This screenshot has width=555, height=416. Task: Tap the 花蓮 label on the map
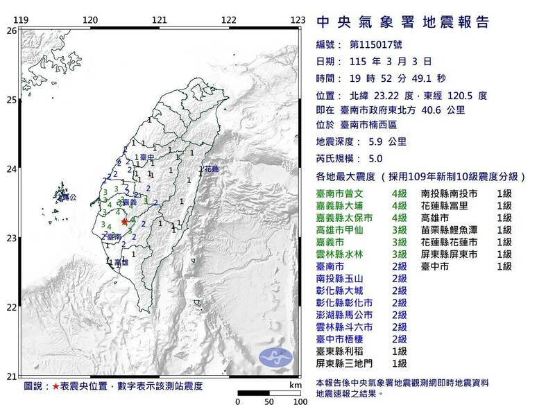click(212, 168)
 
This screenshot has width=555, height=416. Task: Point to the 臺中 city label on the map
click(146, 157)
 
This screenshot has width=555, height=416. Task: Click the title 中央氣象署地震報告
click(402, 22)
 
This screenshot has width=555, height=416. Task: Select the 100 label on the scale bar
click(299, 401)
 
